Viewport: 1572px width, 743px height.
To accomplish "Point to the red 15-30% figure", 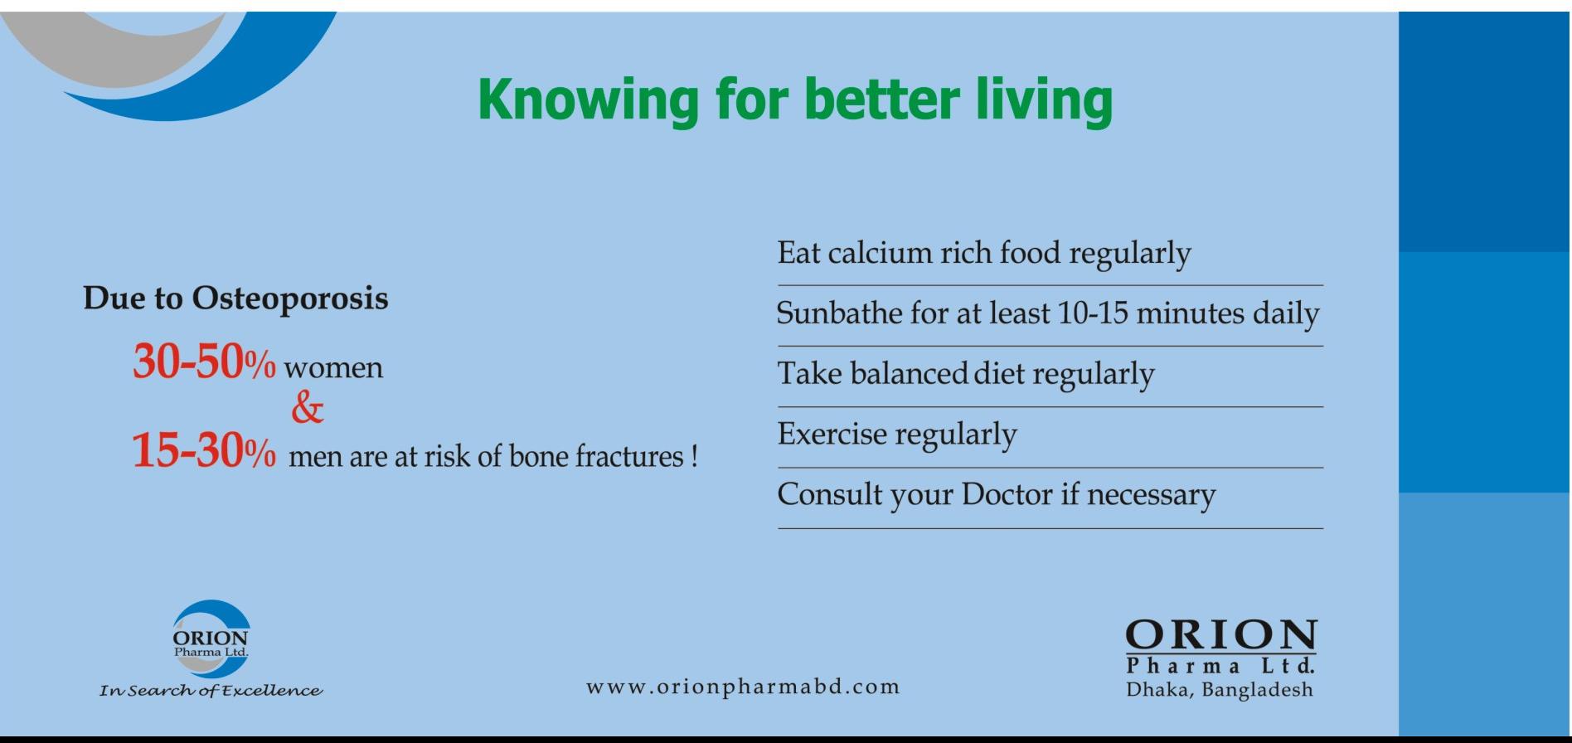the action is (x=204, y=452).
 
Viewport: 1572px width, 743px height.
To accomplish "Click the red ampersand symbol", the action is (x=308, y=408).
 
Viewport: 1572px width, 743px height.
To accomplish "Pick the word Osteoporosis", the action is (x=290, y=299).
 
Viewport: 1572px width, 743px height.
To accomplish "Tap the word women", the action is (x=333, y=368).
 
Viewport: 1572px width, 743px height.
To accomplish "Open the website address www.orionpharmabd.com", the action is (x=743, y=687).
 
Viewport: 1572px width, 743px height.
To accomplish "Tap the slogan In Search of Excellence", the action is (x=211, y=691).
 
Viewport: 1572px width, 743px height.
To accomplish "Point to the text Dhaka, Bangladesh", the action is (x=1220, y=689).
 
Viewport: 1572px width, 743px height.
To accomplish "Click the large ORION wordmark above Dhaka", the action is (x=1220, y=635).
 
